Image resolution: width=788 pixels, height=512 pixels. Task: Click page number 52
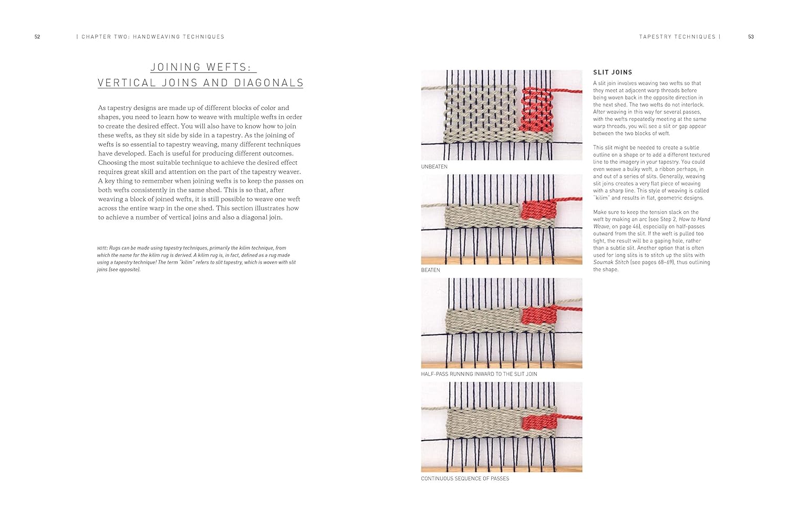point(37,37)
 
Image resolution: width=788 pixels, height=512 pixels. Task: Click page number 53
point(751,37)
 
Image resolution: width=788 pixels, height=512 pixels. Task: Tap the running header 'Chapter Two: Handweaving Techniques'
point(152,37)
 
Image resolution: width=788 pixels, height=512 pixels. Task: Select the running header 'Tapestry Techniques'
point(677,37)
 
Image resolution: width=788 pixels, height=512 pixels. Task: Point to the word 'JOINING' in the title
point(175,67)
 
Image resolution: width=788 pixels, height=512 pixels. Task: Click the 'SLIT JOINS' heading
point(613,72)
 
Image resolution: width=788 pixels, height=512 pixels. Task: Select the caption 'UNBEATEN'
point(434,167)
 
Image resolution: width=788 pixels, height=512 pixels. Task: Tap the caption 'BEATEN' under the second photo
point(430,270)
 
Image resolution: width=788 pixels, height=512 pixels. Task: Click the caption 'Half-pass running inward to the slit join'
point(479,374)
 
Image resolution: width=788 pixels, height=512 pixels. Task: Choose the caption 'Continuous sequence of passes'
point(465,478)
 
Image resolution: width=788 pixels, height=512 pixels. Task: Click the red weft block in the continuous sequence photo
point(537,422)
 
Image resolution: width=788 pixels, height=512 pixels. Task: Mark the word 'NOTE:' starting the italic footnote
point(102,248)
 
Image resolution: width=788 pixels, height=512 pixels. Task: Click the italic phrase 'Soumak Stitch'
point(610,262)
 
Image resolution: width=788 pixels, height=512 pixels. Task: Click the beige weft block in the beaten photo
point(481,216)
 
